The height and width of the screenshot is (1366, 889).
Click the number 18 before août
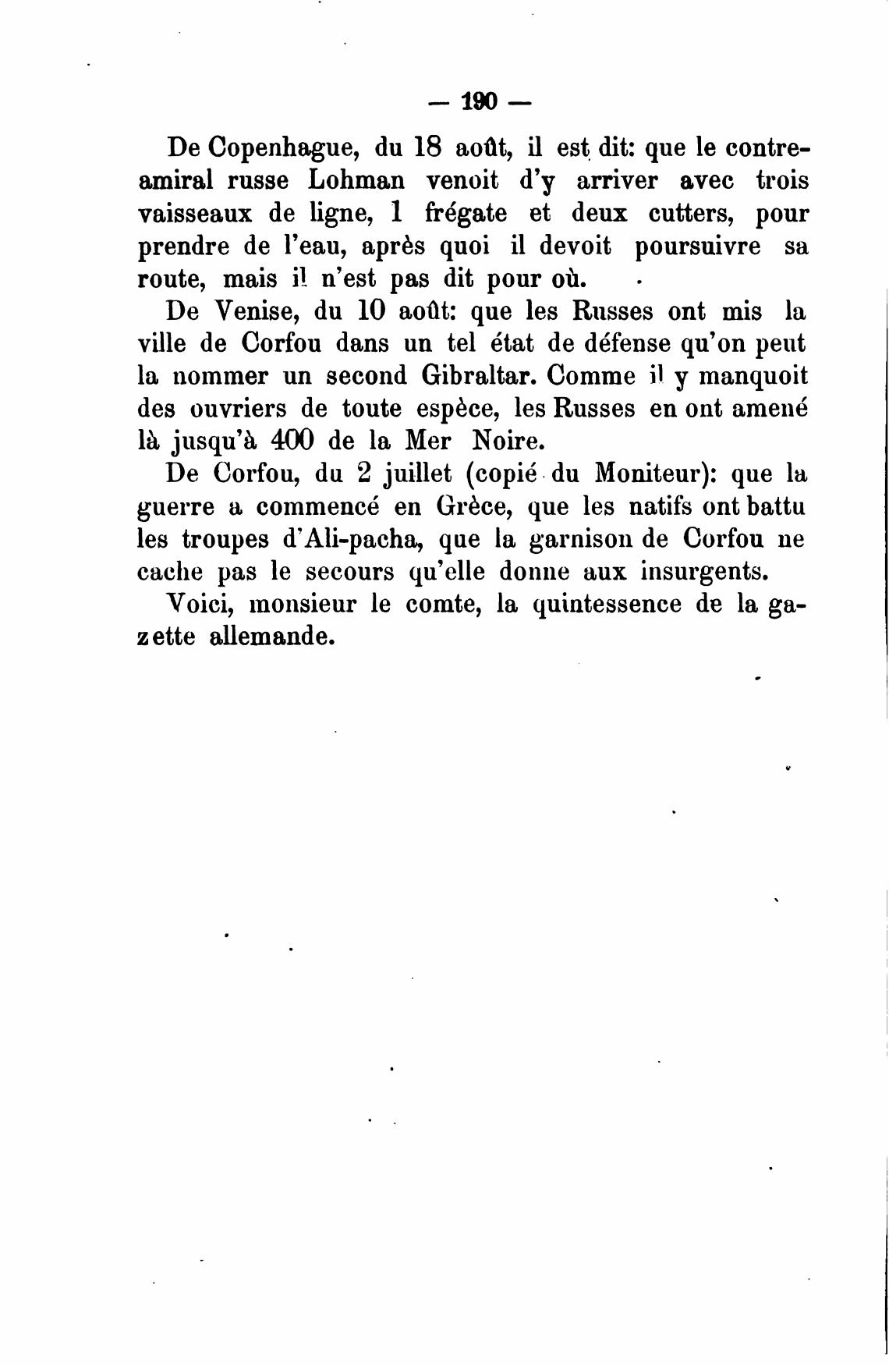(426, 147)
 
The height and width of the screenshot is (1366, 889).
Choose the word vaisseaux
(195, 214)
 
